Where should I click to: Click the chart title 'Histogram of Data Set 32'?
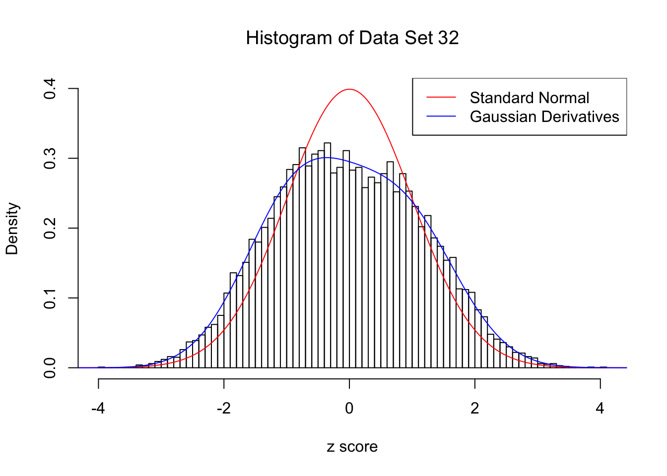click(352, 38)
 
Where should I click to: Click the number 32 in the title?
click(448, 38)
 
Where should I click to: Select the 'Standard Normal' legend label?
click(529, 98)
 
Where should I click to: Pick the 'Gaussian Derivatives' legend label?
click(544, 117)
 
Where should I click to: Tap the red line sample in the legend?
click(441, 98)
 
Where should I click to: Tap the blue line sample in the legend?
click(441, 117)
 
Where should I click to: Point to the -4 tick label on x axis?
click(98, 409)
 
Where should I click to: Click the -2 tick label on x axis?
click(224, 409)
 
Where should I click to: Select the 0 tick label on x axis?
click(349, 409)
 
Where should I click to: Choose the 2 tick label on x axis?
click(475, 409)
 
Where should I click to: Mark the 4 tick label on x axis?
click(600, 409)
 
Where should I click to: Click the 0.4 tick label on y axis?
click(50, 89)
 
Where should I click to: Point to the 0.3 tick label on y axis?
click(50, 159)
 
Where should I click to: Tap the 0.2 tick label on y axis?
click(50, 229)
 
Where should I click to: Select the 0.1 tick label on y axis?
click(50, 298)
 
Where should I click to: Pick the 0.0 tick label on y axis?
click(50, 368)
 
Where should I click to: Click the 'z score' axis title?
click(352, 447)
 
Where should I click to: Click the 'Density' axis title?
click(12, 229)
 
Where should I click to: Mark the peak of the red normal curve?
click(349, 89)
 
